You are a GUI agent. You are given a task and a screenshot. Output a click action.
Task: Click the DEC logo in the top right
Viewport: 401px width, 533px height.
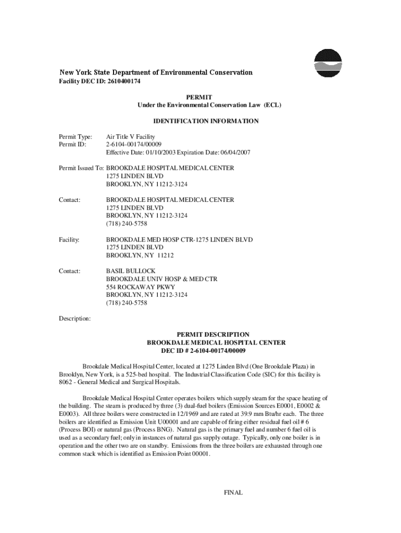[x=328, y=64]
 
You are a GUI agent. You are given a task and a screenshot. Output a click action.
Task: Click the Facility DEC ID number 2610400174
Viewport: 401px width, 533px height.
[x=124, y=82]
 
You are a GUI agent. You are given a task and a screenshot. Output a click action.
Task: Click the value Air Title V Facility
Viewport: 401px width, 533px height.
[x=131, y=136]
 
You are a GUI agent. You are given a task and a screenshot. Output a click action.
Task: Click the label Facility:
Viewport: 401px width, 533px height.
[x=69, y=239]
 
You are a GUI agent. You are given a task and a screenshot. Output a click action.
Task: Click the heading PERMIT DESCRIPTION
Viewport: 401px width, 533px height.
[x=213, y=335]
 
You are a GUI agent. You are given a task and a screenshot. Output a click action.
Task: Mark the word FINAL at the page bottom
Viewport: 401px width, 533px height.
[x=233, y=492]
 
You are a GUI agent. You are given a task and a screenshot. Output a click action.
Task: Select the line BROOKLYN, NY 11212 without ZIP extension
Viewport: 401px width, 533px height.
[x=140, y=255]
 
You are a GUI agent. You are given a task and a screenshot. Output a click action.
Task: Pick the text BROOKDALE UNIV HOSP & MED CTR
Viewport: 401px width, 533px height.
[x=161, y=279]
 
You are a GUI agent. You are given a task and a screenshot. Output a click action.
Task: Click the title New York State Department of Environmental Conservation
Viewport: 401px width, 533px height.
[x=156, y=72]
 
